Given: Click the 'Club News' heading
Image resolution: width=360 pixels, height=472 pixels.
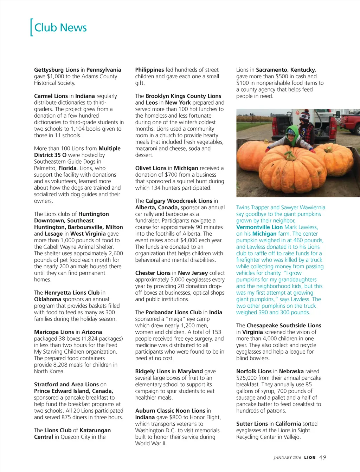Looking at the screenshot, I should coord(60,27).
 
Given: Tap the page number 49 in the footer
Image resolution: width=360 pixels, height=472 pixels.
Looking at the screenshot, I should coord(322,457).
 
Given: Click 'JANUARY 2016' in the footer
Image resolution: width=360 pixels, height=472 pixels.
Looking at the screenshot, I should coord(287,458).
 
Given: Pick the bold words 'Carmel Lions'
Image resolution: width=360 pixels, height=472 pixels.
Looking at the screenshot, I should coord(51,96).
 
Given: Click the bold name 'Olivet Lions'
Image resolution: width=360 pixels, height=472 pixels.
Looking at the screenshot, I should coord(151,168).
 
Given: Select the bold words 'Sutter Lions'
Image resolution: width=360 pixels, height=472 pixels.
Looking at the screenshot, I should coord(252,424).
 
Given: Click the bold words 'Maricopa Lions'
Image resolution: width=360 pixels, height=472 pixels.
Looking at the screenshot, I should coord(54,332).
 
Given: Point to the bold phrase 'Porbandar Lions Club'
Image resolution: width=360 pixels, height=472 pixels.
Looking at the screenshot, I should coord(174,312).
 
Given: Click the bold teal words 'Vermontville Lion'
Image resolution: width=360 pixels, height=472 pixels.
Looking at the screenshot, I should coord(259,227).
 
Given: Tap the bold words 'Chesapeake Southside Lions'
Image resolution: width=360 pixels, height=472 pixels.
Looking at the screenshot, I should coord(284,326).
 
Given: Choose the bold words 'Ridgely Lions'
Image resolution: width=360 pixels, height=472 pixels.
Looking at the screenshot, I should coord(153,371).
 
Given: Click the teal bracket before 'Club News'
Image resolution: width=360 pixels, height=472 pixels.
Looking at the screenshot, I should coord(32,27).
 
